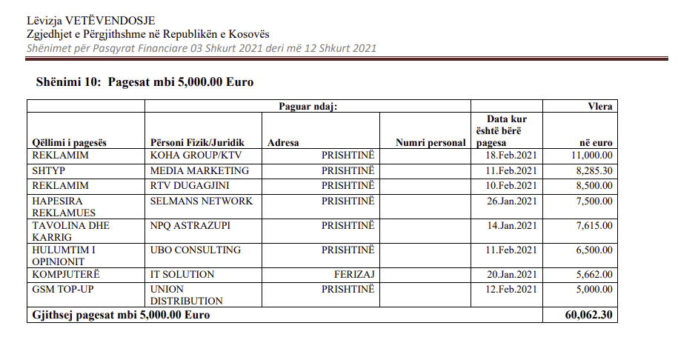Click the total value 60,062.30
coord(589,315)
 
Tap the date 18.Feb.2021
coord(511,156)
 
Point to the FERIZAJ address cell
coord(354,274)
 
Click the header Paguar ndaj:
coord(308,107)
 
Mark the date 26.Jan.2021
coord(511,201)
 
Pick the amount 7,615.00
coord(592,225)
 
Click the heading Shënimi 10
coord(67,82)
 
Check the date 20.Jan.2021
coord(511,274)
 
